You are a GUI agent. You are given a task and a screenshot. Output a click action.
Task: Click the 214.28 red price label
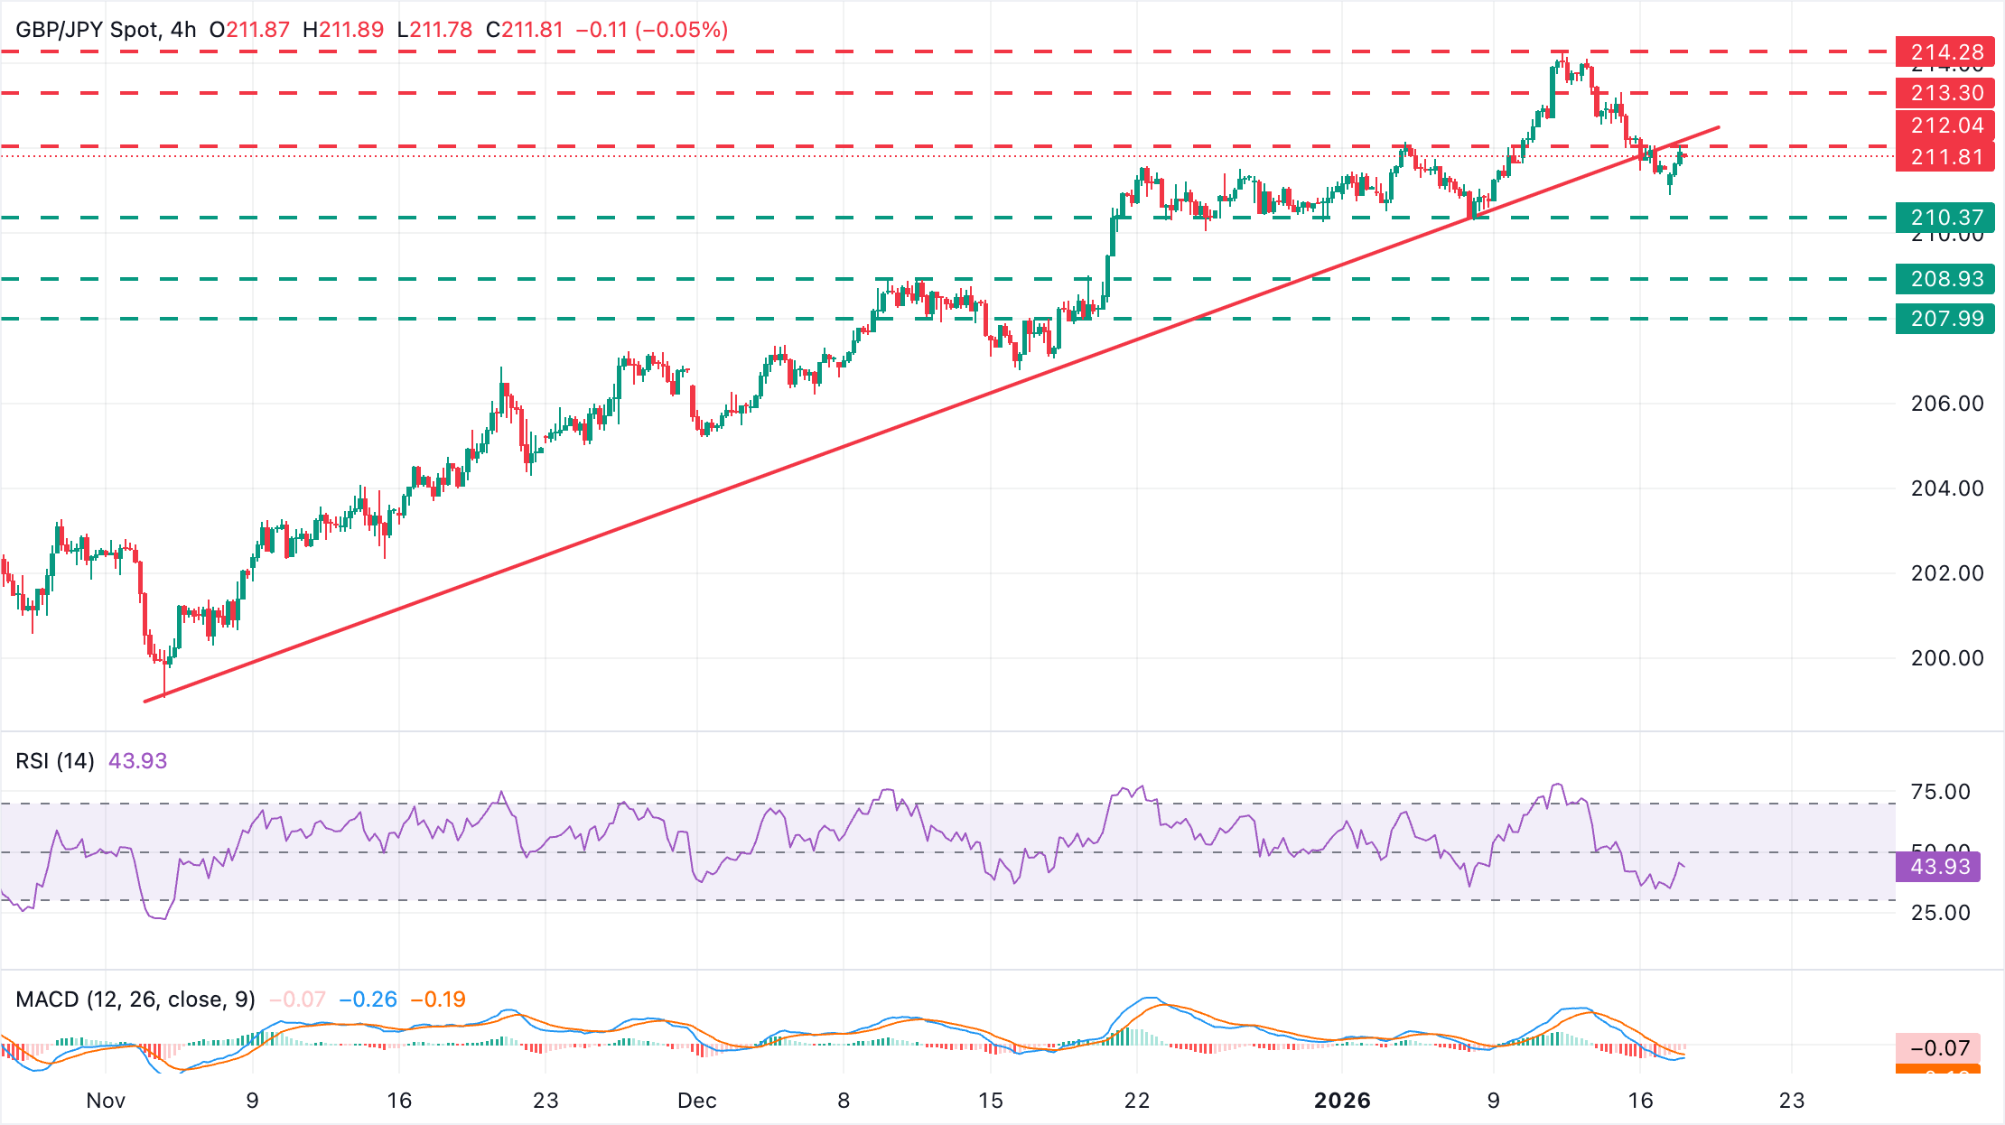coord(1945,52)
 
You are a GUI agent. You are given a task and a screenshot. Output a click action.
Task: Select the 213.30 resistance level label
coord(1945,93)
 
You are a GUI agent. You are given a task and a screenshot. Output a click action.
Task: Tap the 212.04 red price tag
coord(1945,126)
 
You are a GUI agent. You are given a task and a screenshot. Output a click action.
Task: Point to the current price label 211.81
coord(1945,157)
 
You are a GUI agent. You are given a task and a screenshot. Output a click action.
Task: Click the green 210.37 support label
coord(1945,218)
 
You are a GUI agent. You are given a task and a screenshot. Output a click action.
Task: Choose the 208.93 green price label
coord(1945,279)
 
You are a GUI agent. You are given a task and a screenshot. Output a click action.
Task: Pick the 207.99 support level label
coord(1945,319)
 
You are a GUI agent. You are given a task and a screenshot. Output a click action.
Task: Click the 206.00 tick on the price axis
coord(1947,404)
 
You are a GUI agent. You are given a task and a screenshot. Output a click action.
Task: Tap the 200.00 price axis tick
coord(1947,658)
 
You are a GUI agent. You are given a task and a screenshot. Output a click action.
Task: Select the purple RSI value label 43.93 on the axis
coord(1939,867)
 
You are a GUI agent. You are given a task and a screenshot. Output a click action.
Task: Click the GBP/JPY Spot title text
coord(87,30)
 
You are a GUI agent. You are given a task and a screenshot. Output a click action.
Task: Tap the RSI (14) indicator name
coord(55,761)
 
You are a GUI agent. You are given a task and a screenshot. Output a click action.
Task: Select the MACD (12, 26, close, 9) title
coord(135,999)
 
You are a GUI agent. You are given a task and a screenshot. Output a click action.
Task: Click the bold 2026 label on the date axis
coord(1342,1101)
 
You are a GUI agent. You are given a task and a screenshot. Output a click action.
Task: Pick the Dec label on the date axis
coord(697,1101)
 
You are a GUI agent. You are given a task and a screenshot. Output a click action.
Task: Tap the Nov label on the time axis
coord(106,1101)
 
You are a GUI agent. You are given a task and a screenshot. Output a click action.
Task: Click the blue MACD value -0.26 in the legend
coord(368,999)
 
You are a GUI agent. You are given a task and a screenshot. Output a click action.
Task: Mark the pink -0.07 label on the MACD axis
coord(1939,1048)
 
